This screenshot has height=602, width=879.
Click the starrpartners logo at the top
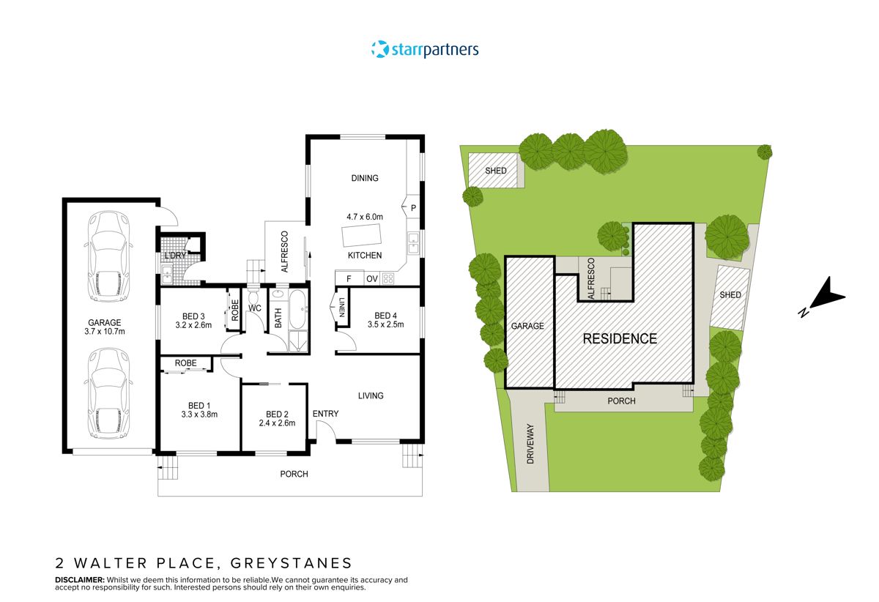(x=425, y=50)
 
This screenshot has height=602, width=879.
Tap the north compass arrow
(x=823, y=297)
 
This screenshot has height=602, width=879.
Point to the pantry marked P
(x=413, y=208)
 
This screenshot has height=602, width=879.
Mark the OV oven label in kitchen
(x=371, y=279)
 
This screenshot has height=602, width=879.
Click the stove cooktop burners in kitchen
(x=388, y=278)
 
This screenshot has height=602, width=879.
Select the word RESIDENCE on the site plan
(x=620, y=339)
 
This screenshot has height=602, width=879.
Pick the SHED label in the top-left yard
(x=496, y=171)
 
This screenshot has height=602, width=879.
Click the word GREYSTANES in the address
(x=292, y=563)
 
